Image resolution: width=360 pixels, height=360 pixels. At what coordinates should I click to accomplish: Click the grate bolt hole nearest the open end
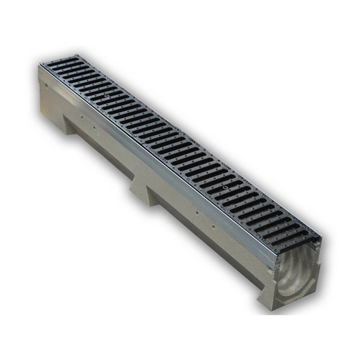pos(224,188)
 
